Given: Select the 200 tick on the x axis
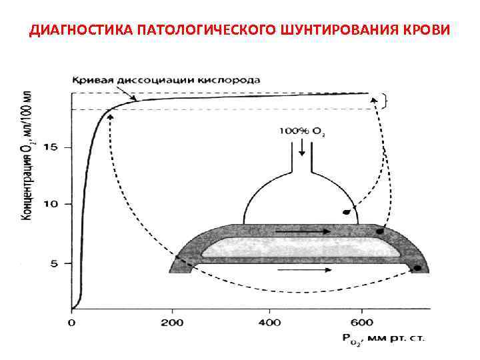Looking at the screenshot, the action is click(x=172, y=323).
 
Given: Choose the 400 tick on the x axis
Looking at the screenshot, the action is click(x=269, y=323).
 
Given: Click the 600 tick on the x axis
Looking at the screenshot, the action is click(x=363, y=323).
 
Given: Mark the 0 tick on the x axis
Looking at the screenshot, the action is click(x=72, y=323).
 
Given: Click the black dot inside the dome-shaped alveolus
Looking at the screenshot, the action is click(x=346, y=213).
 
